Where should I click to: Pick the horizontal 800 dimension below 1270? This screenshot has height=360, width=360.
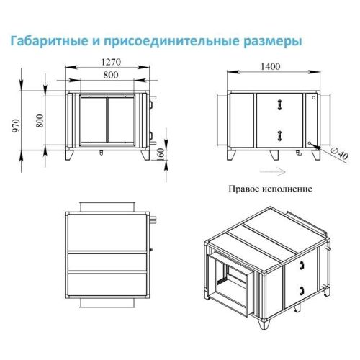tap(109, 76)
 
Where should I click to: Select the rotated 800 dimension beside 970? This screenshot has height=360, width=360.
tap(40, 122)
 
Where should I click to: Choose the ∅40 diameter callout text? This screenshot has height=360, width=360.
tap(337, 152)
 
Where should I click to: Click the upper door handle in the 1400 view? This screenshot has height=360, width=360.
tap(277, 105)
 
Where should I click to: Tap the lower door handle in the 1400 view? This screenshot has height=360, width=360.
tap(277, 135)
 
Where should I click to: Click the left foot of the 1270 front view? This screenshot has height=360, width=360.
tap(68, 156)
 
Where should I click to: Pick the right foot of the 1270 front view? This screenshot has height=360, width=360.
tap(148, 156)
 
